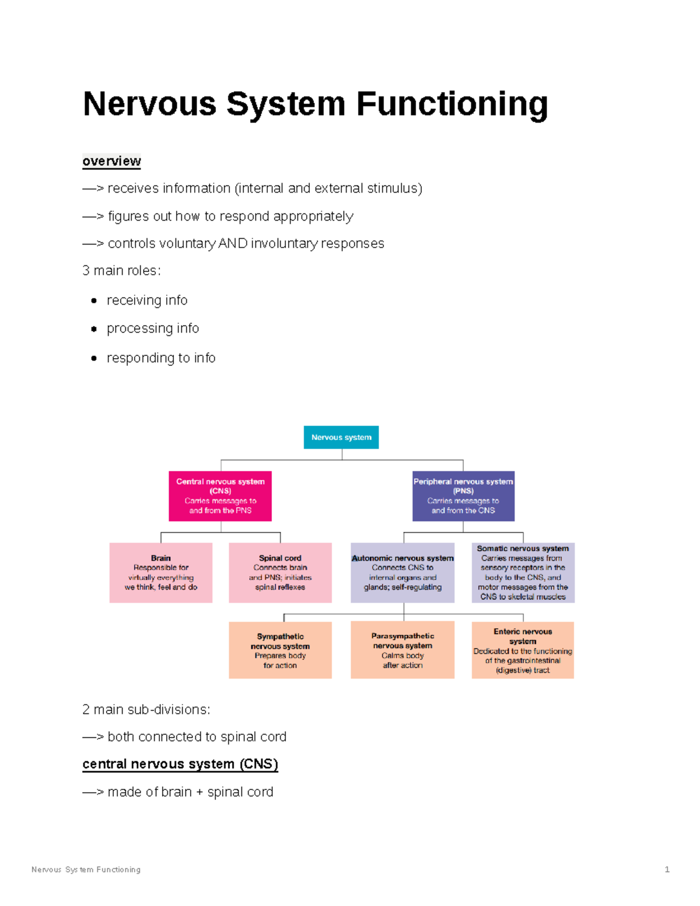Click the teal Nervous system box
coord(341,437)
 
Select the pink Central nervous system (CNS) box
coord(220,496)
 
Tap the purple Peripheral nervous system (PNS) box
coord(463,496)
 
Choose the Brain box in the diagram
coord(161,572)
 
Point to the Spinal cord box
coord(280,572)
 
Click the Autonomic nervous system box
coord(402,572)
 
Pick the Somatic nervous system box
coord(523,572)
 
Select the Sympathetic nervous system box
coord(280,650)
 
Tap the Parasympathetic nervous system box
coord(402,650)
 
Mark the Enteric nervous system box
coord(523,650)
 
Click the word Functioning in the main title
coord(452,104)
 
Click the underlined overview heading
coord(111,161)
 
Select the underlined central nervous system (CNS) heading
coord(180,764)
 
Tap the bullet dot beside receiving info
coord(94,301)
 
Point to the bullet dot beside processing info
coord(94,329)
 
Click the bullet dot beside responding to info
coord(94,358)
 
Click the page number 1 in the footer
coord(667,869)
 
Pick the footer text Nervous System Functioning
coord(86,869)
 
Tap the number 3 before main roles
coord(86,271)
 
